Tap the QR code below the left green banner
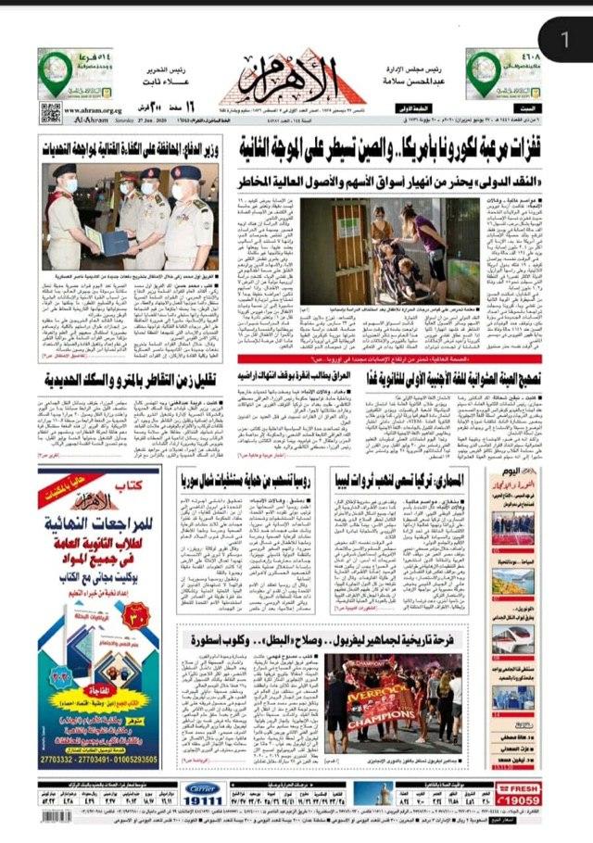click(50, 113)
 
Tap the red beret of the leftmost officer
click(65, 170)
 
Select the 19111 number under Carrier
click(204, 801)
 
